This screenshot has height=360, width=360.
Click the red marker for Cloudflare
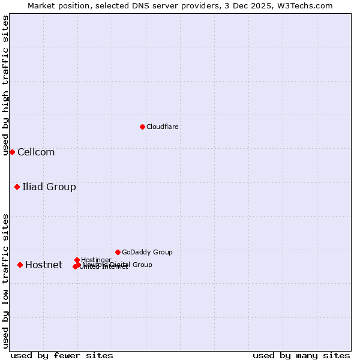142,127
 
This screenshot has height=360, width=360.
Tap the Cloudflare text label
162,127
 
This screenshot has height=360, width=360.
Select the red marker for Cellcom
12,152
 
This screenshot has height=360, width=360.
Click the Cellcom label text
36,152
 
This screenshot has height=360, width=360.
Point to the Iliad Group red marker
17,187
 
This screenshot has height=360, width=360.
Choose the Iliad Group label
49,187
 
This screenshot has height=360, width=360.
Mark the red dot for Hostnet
20,265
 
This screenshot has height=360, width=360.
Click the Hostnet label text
44,265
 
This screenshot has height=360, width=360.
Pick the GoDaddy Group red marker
118,252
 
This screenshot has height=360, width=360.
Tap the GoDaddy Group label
147,252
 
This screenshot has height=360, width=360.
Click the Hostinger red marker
77,260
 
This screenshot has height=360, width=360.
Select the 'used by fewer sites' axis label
62,355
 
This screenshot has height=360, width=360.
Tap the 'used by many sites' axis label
301,355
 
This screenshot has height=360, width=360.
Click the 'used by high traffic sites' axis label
5,85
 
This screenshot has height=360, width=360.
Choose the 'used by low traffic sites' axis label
5,280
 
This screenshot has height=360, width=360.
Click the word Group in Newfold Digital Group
142,265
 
